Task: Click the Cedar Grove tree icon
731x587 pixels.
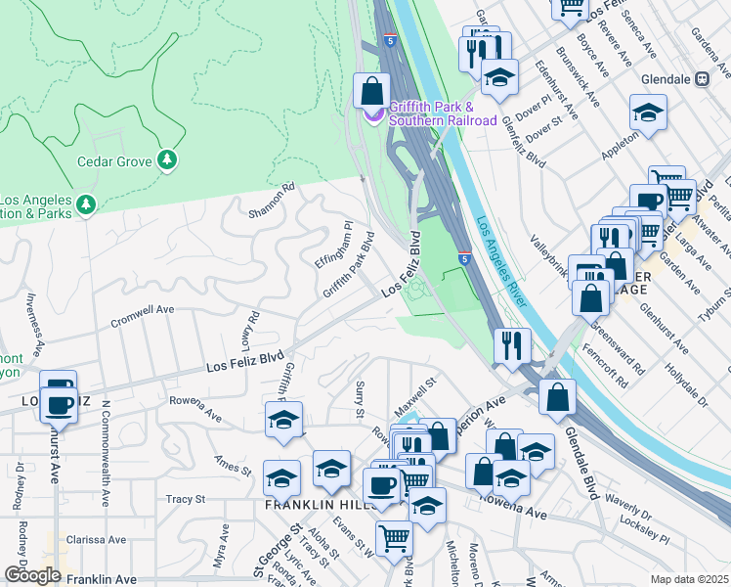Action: pyautogui.click(x=167, y=158)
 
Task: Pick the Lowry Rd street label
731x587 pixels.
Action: pyautogui.click(x=254, y=330)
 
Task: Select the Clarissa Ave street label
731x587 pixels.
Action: pyautogui.click(x=96, y=540)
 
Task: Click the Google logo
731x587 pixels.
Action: pyautogui.click(x=32, y=575)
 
